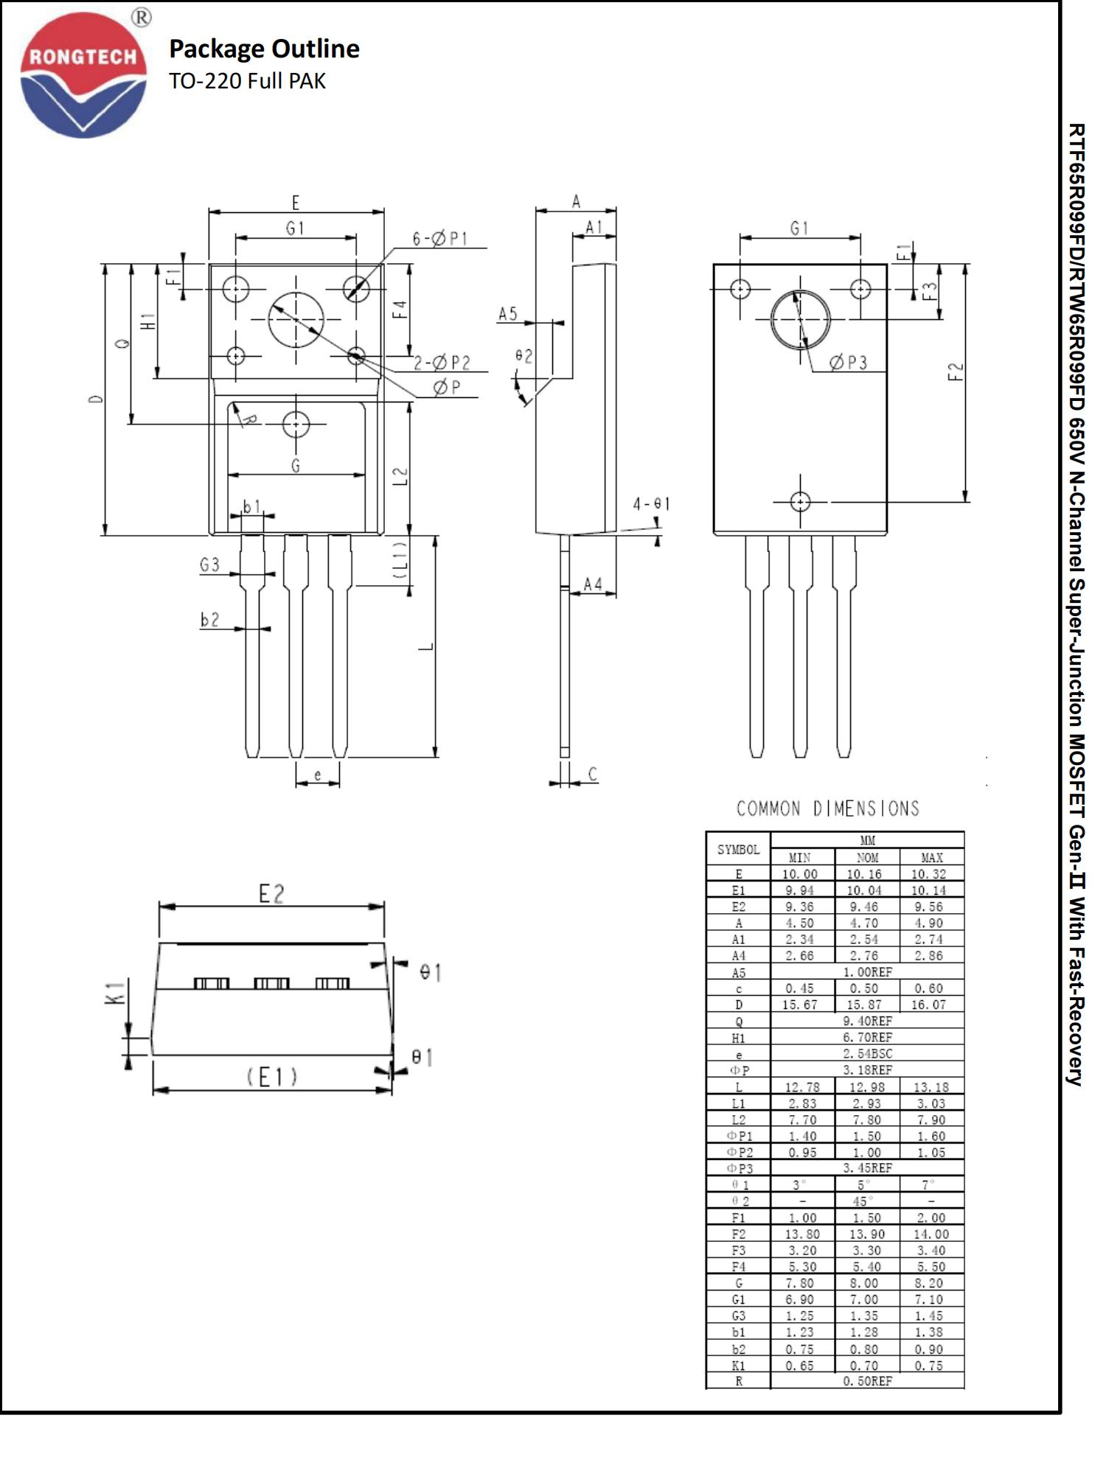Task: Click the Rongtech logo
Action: coord(83,74)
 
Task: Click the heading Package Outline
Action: coord(264,49)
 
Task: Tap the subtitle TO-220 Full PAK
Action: coord(247,81)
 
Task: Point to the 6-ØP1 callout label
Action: coord(439,238)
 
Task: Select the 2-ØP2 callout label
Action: coord(441,363)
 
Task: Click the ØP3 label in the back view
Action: coord(848,362)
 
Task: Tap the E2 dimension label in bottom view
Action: coord(271,894)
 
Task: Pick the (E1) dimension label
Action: coord(271,1077)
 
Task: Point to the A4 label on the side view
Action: coord(593,584)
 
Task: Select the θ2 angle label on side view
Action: coord(524,356)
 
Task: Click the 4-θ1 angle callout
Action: coord(651,504)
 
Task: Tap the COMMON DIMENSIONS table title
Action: coord(827,808)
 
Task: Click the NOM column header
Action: coord(867,857)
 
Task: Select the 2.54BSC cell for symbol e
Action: coord(867,1054)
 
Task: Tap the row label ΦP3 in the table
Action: coord(739,1169)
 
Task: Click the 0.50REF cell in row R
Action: coord(867,1381)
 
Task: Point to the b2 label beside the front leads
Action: coord(210,620)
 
